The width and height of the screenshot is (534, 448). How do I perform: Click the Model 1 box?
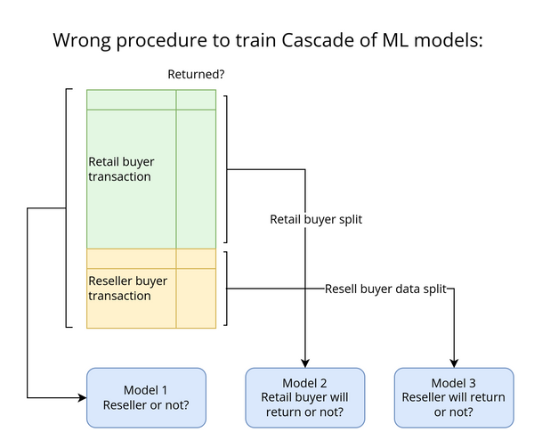146,397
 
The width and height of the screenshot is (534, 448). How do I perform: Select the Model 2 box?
305,397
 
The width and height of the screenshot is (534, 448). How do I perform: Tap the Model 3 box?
454,397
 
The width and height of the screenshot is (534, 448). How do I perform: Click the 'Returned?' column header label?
196,75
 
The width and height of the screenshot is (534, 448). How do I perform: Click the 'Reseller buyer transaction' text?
127,288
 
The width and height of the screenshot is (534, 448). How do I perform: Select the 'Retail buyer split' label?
316,218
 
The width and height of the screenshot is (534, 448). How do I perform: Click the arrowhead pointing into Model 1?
81,397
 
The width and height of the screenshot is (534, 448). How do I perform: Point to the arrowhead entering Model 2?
305,362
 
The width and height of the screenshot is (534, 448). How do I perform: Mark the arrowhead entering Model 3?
454,362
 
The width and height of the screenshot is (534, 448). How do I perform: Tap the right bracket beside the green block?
226,169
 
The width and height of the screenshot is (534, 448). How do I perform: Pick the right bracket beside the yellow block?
226,288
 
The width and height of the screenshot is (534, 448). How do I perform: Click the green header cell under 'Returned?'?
196,99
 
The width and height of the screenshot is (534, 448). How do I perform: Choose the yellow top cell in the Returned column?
196,258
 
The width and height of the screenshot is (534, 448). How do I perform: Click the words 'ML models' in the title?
426,40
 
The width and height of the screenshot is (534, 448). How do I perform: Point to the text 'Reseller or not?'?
146,406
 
